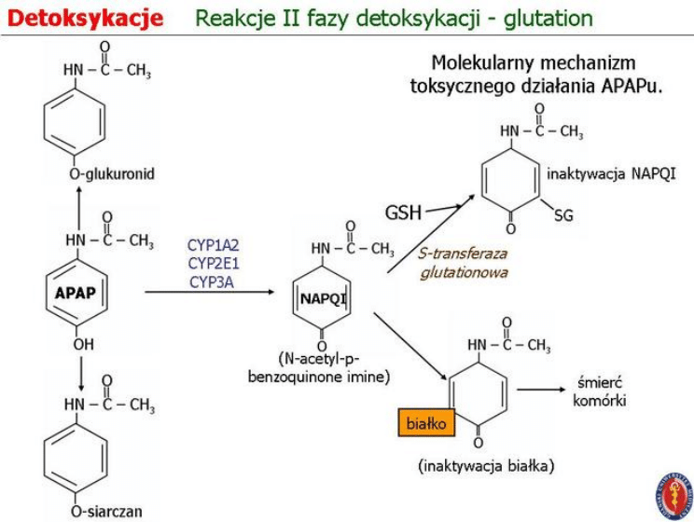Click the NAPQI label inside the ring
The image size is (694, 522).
(323, 298)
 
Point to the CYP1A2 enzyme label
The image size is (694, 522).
(213, 245)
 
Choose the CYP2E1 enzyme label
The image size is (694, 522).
(213, 263)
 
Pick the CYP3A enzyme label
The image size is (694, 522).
(211, 281)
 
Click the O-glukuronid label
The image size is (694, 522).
(111, 173)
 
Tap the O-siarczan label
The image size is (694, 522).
(106, 510)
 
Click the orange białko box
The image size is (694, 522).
(426, 422)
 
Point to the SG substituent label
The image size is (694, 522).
(562, 216)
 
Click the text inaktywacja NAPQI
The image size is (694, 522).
(611, 173)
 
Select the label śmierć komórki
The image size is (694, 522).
(601, 391)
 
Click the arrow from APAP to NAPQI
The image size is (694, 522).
(210, 293)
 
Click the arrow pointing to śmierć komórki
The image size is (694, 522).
(542, 390)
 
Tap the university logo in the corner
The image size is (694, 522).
(673, 494)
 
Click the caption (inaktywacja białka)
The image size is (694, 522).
(486, 465)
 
